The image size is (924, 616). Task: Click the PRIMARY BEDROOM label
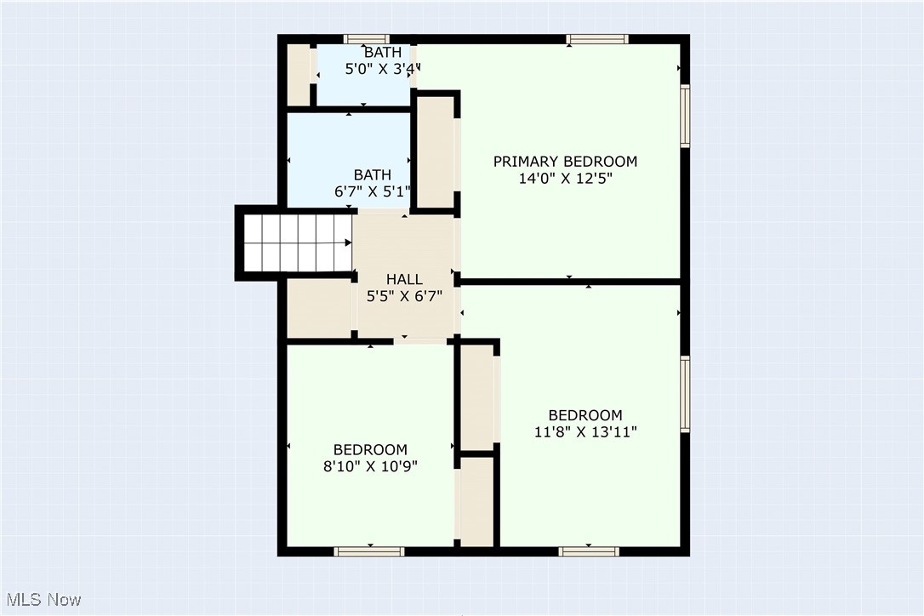(x=565, y=161)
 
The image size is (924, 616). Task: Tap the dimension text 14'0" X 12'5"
(x=565, y=179)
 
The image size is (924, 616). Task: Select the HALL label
(x=404, y=279)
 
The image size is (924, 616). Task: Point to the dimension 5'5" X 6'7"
(x=404, y=296)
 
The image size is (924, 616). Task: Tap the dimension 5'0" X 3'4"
(x=382, y=70)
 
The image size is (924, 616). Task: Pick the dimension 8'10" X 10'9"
(x=369, y=466)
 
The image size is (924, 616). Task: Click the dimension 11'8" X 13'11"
(x=585, y=432)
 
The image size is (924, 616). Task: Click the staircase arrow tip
(x=350, y=242)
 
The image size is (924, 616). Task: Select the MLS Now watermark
(x=42, y=600)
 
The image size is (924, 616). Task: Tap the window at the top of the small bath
(x=367, y=38)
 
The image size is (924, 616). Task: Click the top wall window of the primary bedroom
(x=597, y=38)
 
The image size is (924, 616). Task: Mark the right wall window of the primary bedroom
(x=685, y=116)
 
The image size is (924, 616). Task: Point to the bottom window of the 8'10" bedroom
(x=368, y=551)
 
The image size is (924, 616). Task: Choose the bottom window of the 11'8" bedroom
(x=588, y=551)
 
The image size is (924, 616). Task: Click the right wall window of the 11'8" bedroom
(x=685, y=394)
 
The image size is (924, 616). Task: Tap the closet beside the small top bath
(x=298, y=75)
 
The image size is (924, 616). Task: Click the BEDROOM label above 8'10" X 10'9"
(x=369, y=449)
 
